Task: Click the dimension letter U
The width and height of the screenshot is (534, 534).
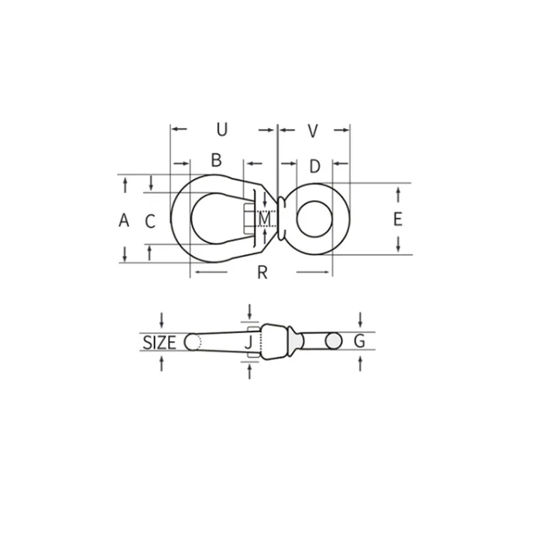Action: pyautogui.click(x=222, y=130)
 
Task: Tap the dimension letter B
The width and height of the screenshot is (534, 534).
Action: pyautogui.click(x=216, y=160)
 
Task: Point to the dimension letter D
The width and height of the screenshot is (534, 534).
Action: pyautogui.click(x=315, y=166)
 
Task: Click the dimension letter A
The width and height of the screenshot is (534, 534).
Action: pyautogui.click(x=124, y=221)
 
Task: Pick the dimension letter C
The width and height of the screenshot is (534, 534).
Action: pyautogui.click(x=150, y=221)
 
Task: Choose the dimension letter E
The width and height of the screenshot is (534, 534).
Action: pyautogui.click(x=398, y=219)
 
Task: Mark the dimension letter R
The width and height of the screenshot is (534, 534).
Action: pyautogui.click(x=262, y=273)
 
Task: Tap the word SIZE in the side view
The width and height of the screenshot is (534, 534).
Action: pyautogui.click(x=159, y=342)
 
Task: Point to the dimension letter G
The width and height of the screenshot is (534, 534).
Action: pyautogui.click(x=360, y=342)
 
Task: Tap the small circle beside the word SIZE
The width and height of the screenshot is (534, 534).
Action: pyautogui.click(x=192, y=342)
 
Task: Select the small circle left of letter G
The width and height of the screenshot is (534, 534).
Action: pyautogui.click(x=333, y=342)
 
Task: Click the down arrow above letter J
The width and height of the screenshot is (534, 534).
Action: pyautogui.click(x=249, y=311)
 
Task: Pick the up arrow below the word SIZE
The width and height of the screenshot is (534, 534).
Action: pyautogui.click(x=162, y=363)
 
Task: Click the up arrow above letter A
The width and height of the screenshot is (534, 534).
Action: pyautogui.click(x=125, y=185)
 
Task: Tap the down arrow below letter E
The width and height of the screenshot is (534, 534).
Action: pyautogui.click(x=399, y=244)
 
